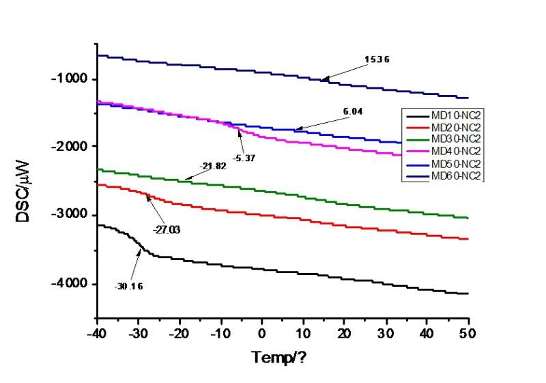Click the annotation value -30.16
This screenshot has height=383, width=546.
pos(129,286)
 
